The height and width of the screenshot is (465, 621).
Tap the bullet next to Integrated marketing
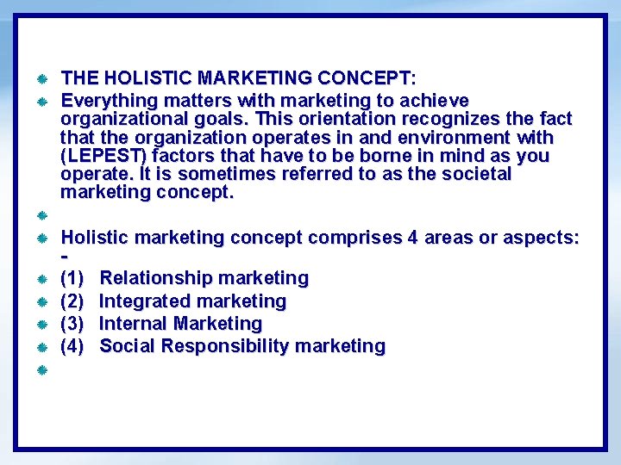(41, 302)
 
